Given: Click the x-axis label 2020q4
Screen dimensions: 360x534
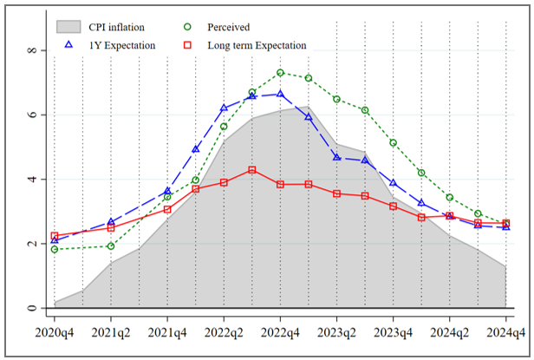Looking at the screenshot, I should click(55, 331).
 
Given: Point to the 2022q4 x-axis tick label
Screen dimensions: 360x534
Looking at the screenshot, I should click(281, 331).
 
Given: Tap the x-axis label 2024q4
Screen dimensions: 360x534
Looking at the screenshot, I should click(505, 331).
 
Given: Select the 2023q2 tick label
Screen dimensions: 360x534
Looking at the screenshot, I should click(337, 331).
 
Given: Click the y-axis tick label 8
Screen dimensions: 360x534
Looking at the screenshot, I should click(32, 51).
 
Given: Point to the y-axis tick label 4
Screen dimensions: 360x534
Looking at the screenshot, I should click(32, 180).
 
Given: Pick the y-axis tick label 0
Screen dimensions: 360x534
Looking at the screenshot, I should click(32, 308).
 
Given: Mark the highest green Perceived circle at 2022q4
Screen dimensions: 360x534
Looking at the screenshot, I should click(281, 73).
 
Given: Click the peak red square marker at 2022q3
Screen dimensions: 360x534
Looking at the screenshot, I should click(252, 170).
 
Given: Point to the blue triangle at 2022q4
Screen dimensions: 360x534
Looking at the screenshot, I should click(281, 95).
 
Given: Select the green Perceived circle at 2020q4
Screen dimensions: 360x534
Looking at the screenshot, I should click(55, 249).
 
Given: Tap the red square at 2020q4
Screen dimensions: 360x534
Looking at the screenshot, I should click(55, 236).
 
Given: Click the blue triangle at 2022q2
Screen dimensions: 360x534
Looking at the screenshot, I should click(224, 108).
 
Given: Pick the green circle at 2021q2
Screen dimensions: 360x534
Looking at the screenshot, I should click(111, 245).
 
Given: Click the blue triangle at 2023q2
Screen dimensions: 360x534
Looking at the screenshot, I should click(337, 157).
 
